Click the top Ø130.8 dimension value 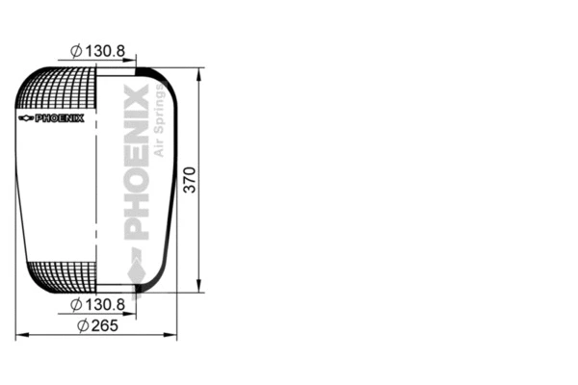tap(104, 51)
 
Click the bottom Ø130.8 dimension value tap(104, 305)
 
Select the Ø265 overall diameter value tap(103, 325)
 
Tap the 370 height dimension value tap(190, 180)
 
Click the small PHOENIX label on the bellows tap(60, 118)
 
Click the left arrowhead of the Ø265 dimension tap(21, 335)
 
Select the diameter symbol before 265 tap(82, 325)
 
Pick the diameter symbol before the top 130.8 tap(76, 51)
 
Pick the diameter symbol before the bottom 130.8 tap(76, 305)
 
